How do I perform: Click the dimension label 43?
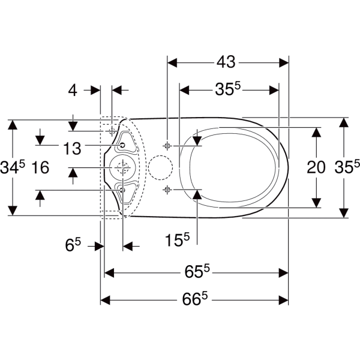tap(226, 62)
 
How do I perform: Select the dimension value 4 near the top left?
tap(73, 90)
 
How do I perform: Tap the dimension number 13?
tap(72, 148)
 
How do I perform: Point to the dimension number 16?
tap(40, 167)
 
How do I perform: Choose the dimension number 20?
tap(316, 167)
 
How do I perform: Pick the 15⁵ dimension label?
tap(177, 239)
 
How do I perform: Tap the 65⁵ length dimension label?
tap(197, 271)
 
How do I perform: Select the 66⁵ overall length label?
tap(195, 298)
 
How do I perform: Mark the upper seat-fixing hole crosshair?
tap(167, 146)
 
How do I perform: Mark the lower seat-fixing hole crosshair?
tap(167, 190)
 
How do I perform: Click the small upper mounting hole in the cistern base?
tap(122, 145)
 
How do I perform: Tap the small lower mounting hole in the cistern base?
tap(122, 190)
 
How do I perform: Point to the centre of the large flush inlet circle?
tap(123, 167)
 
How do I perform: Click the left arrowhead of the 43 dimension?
tap(172, 62)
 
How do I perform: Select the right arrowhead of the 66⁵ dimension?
tap(283, 300)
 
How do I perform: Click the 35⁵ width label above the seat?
tap(227, 89)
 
